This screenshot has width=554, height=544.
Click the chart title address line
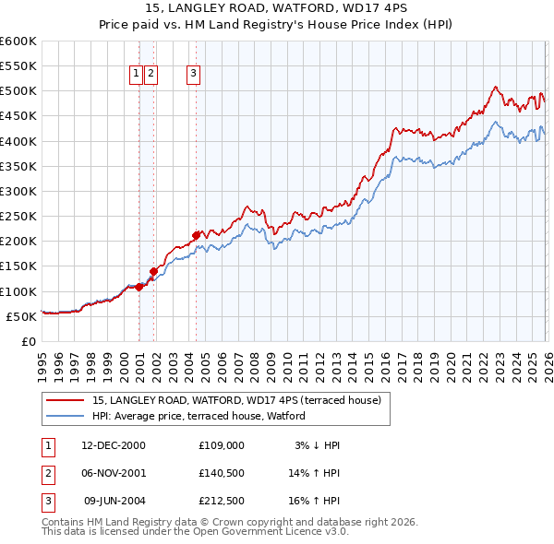(277, 8)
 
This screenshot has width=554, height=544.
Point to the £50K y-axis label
(21, 316)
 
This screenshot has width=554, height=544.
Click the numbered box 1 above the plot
(136, 75)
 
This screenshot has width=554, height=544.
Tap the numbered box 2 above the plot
(151, 75)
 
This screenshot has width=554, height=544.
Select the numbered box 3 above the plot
(194, 75)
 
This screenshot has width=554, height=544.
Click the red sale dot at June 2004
(196, 235)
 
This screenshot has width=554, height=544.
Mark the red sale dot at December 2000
(138, 287)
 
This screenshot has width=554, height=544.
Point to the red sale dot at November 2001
(153, 271)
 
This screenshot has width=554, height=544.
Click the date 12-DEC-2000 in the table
(114, 445)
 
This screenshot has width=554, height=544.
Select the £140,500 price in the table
(221, 473)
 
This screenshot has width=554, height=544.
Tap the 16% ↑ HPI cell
(315, 501)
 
